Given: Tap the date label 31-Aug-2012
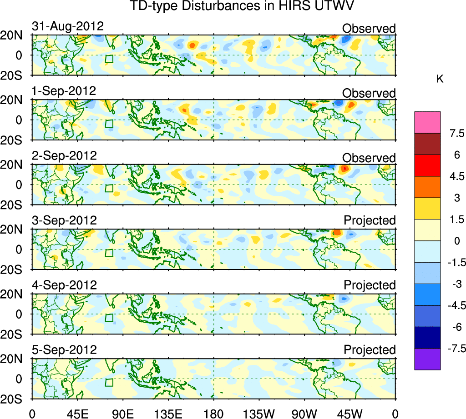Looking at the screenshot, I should pyautogui.click(x=68, y=27).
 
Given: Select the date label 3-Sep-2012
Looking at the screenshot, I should pyautogui.click(x=64, y=221).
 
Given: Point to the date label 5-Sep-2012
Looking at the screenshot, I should pyautogui.click(x=64, y=350).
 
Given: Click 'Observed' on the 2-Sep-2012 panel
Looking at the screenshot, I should pyautogui.click(x=369, y=158).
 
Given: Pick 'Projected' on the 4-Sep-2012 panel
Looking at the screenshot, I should pyautogui.click(x=370, y=285).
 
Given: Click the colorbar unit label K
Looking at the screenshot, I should pyautogui.click(x=440, y=79).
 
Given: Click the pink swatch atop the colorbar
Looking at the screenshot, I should pyautogui.click(x=427, y=122).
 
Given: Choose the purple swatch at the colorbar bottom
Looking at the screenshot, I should pyautogui.click(x=427, y=359).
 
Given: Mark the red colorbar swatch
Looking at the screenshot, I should pyautogui.click(x=427, y=165).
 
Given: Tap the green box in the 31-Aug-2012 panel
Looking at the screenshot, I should pyautogui.click(x=109, y=59).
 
